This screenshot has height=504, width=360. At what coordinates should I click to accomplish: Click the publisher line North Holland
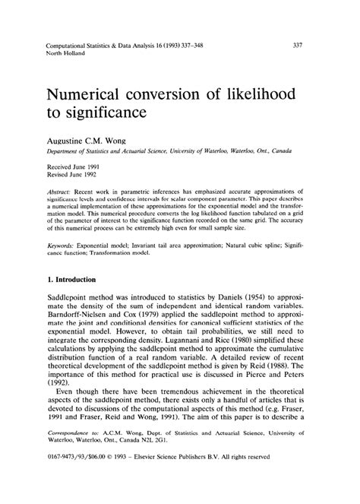pos(65,54)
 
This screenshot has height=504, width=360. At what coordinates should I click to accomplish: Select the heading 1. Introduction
pos(81,280)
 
